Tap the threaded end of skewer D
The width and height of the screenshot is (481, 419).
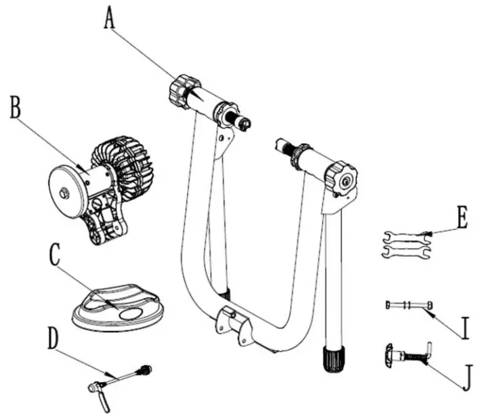pos(144,370)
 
